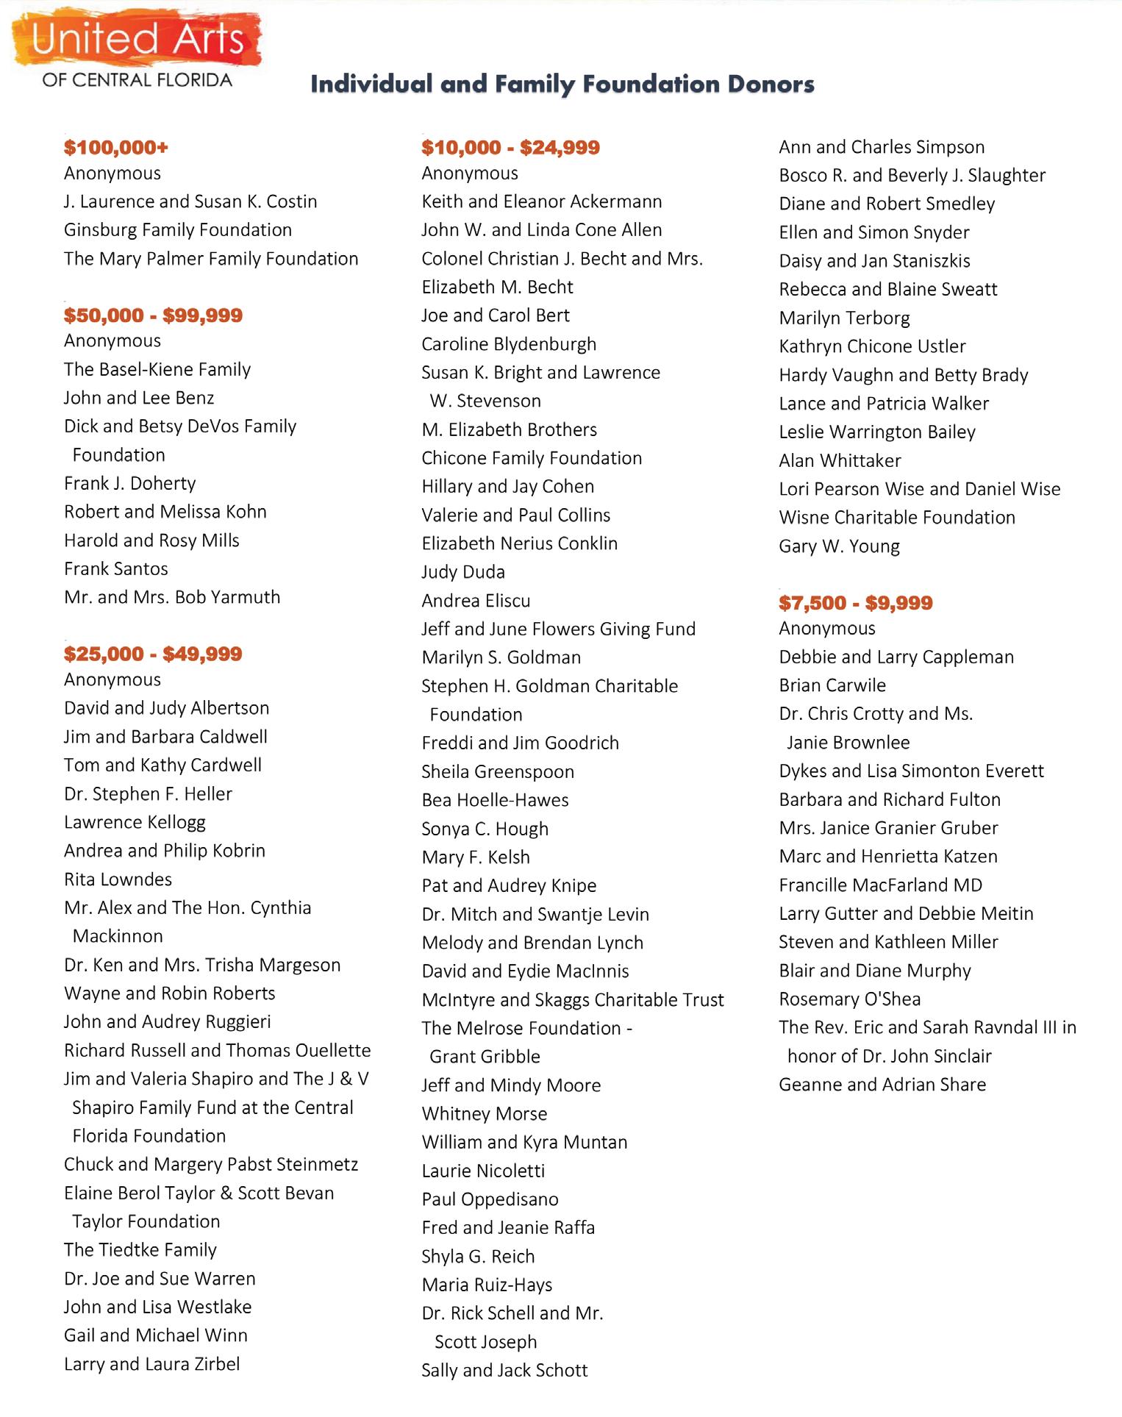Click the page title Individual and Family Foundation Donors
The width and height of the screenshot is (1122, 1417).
point(562,85)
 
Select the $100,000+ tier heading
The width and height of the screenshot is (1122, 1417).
point(116,148)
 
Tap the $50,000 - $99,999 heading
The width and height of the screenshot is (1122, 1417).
point(153,315)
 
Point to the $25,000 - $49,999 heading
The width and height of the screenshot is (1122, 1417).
point(153,654)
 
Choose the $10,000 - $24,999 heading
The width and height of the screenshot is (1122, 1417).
point(510,148)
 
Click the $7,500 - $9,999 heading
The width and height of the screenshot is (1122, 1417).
point(855,603)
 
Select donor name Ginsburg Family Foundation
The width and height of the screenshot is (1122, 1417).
point(178,230)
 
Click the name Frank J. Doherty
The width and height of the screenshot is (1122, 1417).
point(130,483)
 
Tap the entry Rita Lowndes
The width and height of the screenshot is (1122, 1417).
point(118,879)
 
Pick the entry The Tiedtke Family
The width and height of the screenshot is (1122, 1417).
point(140,1250)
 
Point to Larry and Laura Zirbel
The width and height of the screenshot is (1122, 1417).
point(152,1364)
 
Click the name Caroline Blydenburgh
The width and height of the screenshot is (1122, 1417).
point(509,344)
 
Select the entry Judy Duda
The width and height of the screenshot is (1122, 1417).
point(463,572)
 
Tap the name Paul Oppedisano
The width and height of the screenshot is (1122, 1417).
point(490,1199)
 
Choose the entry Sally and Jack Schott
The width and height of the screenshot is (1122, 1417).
point(504,1371)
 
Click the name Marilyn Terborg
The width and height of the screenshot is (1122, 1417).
point(844,318)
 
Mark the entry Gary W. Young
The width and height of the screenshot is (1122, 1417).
point(839,546)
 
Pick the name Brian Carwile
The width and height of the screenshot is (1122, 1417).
point(832,685)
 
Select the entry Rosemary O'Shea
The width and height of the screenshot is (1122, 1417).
point(849,999)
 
